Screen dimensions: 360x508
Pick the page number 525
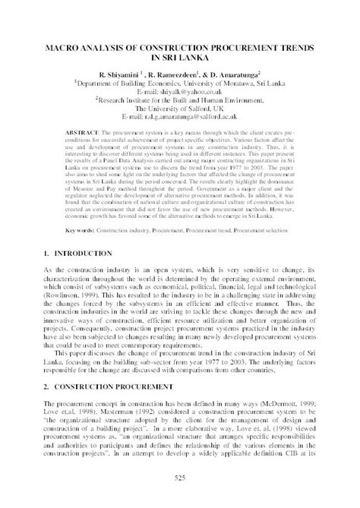tap(180, 476)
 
